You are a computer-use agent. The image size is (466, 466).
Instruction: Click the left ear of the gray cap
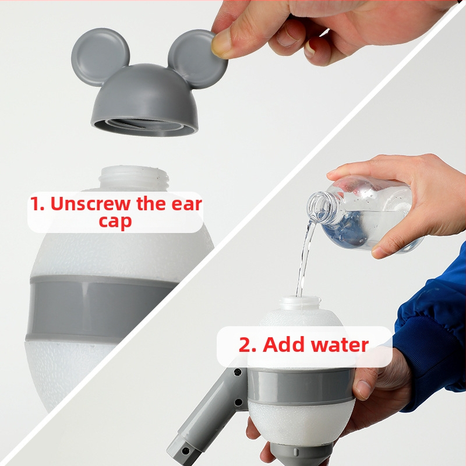click(x=100, y=57)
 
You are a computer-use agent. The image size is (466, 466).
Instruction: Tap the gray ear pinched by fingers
click(x=197, y=59)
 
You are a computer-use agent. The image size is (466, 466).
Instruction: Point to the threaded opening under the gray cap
click(x=144, y=126)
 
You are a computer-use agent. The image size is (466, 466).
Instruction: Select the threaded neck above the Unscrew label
click(x=135, y=178)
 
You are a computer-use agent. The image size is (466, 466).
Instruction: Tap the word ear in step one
click(x=186, y=204)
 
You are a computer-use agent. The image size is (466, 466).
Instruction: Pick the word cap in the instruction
click(x=115, y=222)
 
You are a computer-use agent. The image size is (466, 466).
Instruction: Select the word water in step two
click(x=340, y=345)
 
